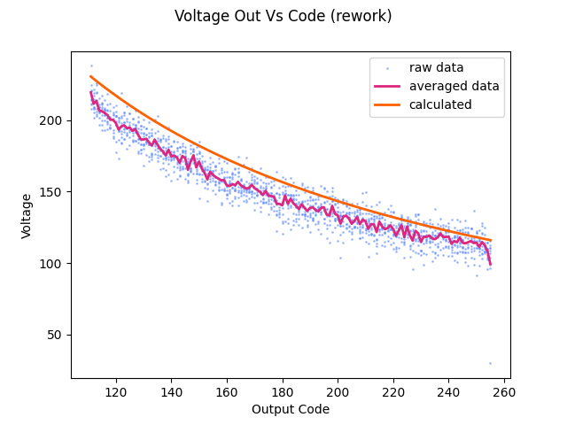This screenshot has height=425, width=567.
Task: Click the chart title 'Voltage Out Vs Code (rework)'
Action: click(x=283, y=16)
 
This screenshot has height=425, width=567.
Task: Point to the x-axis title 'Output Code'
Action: click(x=291, y=409)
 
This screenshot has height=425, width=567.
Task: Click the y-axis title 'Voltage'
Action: click(x=27, y=215)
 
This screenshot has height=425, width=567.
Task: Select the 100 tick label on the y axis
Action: click(x=53, y=263)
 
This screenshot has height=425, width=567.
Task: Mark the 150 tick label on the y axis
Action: click(x=53, y=191)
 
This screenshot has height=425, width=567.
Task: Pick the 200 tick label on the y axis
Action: click(x=53, y=120)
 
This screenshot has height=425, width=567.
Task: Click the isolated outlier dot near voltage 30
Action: click(x=490, y=363)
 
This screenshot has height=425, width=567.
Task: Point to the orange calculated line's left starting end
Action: click(x=91, y=76)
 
